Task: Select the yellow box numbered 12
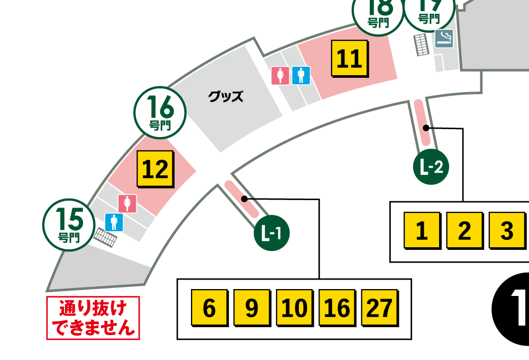pyautogui.click(x=155, y=169)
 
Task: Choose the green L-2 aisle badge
pyautogui.click(x=431, y=168)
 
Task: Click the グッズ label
pyautogui.click(x=226, y=96)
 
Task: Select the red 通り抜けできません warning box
pyautogui.click(x=93, y=318)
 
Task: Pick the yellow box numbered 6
pyautogui.click(x=209, y=308)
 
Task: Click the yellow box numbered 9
pyautogui.click(x=251, y=308)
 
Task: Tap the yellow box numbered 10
pyautogui.click(x=294, y=308)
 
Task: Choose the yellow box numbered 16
pyautogui.click(x=337, y=308)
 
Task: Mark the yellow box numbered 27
pyautogui.click(x=379, y=308)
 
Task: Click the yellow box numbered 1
pyautogui.click(x=421, y=231)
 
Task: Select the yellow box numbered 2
pyautogui.click(x=464, y=231)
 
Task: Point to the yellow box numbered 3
pyautogui.click(x=506, y=231)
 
